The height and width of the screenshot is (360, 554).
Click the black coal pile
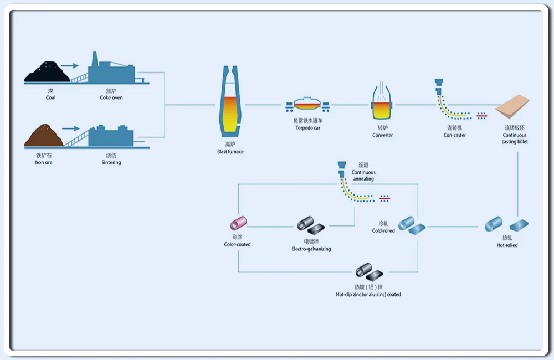(x=48, y=73)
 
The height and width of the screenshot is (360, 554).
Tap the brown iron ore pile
(x=44, y=136)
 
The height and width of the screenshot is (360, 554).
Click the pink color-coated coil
(x=238, y=224)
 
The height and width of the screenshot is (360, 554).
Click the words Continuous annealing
(x=363, y=176)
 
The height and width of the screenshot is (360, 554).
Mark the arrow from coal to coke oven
(x=70, y=65)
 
